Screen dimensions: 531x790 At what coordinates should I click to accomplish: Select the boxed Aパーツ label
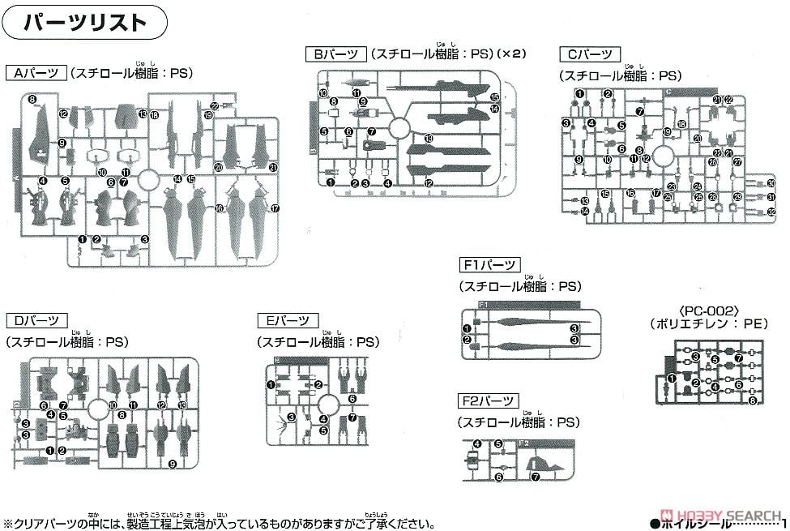pos(35,73)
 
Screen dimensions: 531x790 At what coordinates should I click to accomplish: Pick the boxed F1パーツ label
pos(489,265)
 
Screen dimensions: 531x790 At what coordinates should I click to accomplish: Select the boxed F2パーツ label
pos(489,400)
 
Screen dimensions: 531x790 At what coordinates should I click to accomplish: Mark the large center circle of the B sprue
pos(398,127)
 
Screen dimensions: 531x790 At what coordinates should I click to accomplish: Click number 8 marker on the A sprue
pos(32,100)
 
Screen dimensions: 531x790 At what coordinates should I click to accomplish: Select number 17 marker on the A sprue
pos(275,208)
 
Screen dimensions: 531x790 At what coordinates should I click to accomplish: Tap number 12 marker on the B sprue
pos(429,183)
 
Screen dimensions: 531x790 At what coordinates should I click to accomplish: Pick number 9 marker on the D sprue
pos(173,463)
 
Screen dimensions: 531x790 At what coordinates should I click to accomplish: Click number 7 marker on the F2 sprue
pos(535,477)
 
